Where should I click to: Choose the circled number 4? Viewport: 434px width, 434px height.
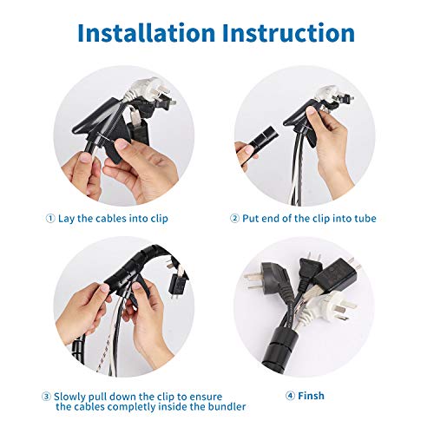(x=289, y=396)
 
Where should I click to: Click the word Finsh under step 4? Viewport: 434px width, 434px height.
(x=310, y=396)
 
